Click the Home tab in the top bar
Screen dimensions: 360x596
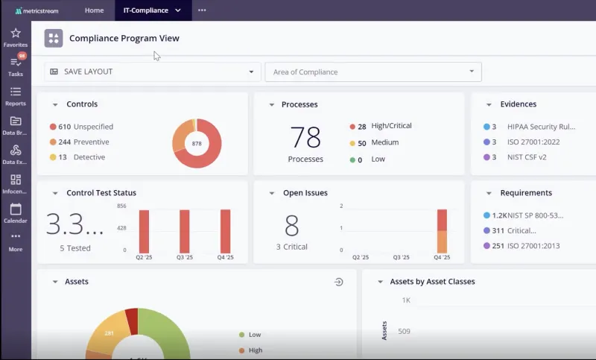(x=94, y=10)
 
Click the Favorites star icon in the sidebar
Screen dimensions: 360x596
(x=16, y=34)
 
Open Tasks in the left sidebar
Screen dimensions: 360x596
(x=16, y=63)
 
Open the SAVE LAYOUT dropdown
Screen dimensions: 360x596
(x=152, y=72)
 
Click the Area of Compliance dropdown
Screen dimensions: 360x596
(x=372, y=72)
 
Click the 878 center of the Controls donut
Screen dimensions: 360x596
(x=197, y=143)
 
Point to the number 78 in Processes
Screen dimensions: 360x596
(x=305, y=138)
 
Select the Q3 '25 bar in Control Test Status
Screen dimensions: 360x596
(x=184, y=231)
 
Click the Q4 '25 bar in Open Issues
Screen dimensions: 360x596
(x=442, y=231)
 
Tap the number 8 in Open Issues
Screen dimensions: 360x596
(x=292, y=225)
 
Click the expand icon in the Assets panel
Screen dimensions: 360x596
(x=338, y=282)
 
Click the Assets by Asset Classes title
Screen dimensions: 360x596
(x=432, y=282)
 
